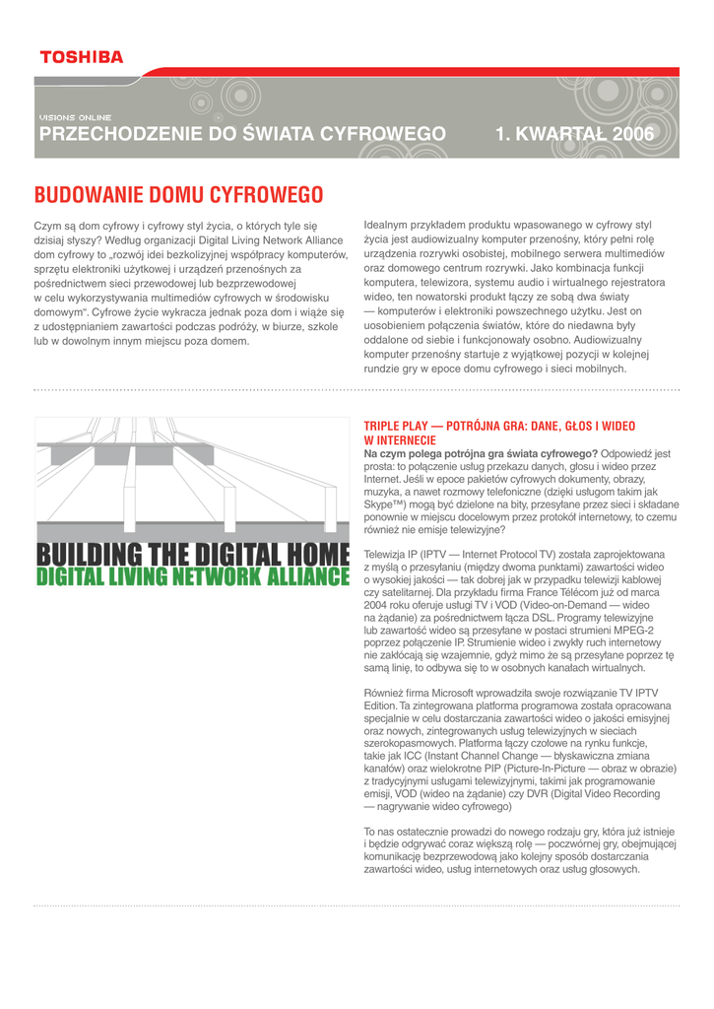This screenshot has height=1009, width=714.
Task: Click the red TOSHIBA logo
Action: pyautogui.click(x=81, y=57)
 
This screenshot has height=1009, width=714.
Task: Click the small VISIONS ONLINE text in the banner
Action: pyautogui.click(x=75, y=117)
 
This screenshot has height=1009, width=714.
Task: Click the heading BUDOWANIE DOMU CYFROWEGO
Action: pyautogui.click(x=179, y=193)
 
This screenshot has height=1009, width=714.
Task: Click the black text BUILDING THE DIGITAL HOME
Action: pyautogui.click(x=193, y=556)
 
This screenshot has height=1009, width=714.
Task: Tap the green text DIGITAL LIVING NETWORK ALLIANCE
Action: pyautogui.click(x=193, y=576)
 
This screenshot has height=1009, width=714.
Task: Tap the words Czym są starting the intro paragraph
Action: pyautogui.click(x=54, y=226)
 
